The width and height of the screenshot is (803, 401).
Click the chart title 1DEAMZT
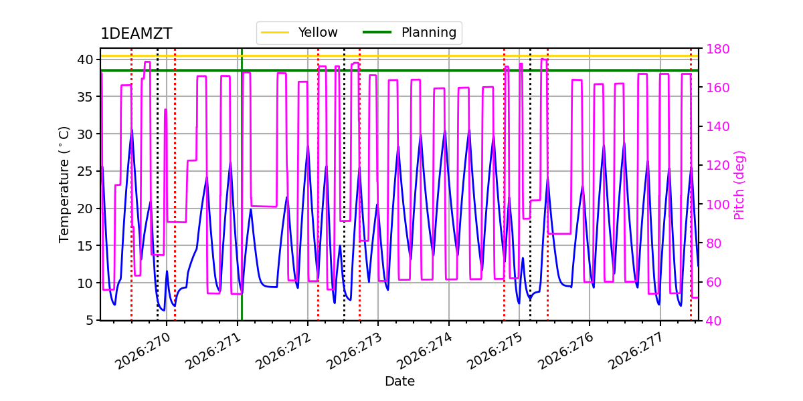(137, 33)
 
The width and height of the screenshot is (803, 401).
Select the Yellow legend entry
(299, 32)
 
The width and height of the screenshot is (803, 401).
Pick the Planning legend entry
(410, 32)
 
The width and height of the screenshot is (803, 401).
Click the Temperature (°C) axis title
(64, 184)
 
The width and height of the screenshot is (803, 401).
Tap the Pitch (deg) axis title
(739, 185)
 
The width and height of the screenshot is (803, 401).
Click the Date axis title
(399, 382)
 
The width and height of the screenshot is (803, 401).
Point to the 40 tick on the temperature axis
(84, 59)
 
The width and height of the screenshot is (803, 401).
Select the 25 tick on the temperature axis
(84, 171)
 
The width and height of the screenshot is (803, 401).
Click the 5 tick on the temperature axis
(89, 320)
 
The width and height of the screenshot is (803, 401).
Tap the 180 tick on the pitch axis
(717, 49)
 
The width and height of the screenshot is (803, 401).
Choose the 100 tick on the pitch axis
(717, 205)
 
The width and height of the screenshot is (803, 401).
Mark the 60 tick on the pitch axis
(714, 282)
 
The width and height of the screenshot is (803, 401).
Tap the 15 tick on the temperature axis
(84, 246)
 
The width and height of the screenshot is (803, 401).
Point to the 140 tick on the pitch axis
(717, 126)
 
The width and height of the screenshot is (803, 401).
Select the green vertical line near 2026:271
(242, 184)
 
